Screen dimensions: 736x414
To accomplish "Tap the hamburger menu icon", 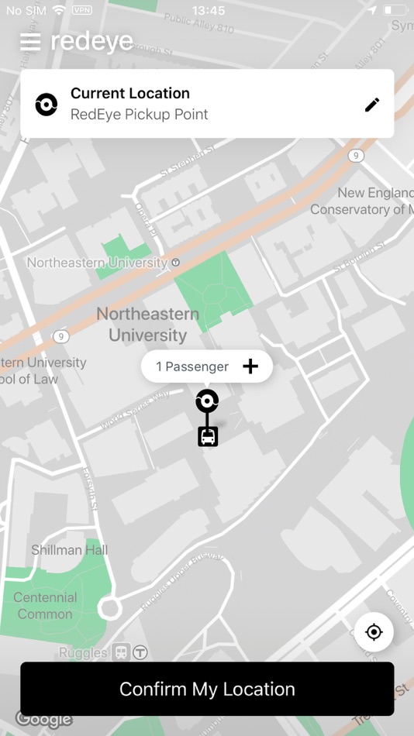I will (x=30, y=42).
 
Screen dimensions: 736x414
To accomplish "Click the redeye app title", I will (x=91, y=41).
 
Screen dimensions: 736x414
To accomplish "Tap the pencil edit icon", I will (x=372, y=105).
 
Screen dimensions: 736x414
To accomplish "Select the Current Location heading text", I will (x=130, y=94).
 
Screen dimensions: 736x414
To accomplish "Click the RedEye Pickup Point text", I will (x=140, y=115).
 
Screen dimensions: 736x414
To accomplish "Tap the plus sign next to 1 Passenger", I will (x=250, y=366).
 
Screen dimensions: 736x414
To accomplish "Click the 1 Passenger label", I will (x=192, y=366).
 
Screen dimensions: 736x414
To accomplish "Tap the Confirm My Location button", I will (x=207, y=689).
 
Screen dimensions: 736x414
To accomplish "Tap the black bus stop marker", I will (x=208, y=437).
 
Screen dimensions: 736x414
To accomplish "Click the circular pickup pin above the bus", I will (x=207, y=401).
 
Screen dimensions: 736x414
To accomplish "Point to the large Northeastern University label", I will (x=147, y=325).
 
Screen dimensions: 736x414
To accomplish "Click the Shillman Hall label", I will (x=69, y=550).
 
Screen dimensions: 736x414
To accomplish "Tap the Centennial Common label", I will (x=45, y=606).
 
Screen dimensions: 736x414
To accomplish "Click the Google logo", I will (x=43, y=719).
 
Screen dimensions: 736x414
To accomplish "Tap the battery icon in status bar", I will (x=395, y=11).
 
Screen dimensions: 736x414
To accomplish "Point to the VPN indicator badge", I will (x=81, y=11).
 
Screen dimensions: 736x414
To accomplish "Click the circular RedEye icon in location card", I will (x=47, y=104).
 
